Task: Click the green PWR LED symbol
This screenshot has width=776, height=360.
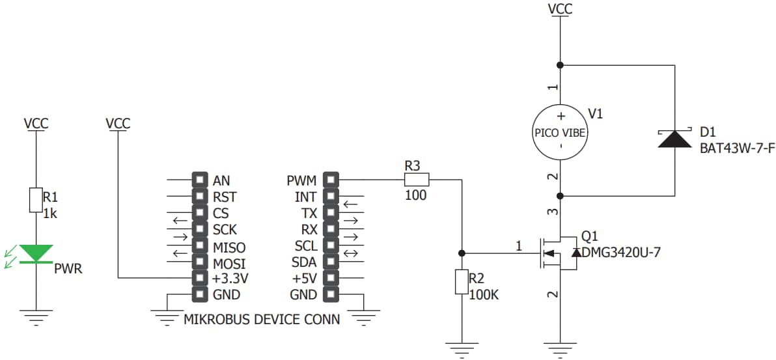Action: [x=36, y=254]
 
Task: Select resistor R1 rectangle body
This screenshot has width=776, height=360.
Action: [x=36, y=200]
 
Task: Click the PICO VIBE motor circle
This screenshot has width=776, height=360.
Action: [x=560, y=132]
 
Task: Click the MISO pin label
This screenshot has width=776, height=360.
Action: [x=229, y=246]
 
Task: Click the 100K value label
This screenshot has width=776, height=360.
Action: [x=484, y=294]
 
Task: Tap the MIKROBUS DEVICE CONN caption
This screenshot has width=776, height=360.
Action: [x=262, y=320]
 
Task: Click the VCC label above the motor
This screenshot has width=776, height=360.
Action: [x=560, y=8]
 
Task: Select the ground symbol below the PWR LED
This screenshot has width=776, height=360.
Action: [x=36, y=319]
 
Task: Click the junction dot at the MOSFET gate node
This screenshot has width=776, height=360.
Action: [x=462, y=253]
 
